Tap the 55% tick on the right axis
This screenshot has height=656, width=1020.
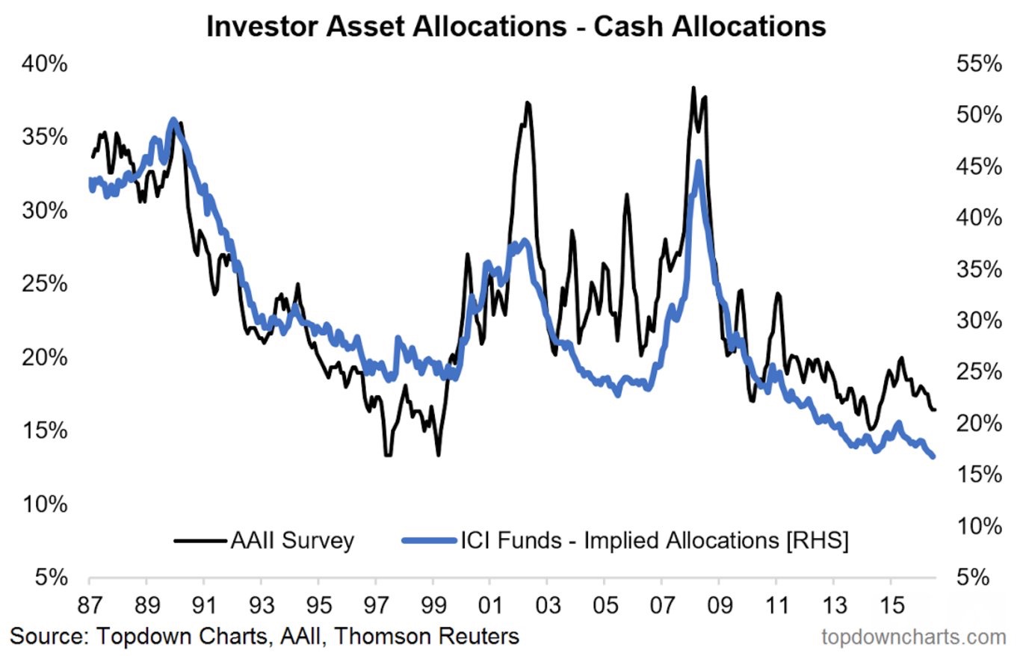(x=978, y=65)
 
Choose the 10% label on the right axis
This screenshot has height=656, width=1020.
(x=978, y=526)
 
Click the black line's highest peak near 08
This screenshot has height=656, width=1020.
(x=693, y=88)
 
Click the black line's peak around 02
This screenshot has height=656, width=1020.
(x=527, y=103)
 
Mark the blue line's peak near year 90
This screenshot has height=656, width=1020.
(x=173, y=120)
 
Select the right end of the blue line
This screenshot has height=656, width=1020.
(x=933, y=457)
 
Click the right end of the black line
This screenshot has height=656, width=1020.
(x=935, y=409)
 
